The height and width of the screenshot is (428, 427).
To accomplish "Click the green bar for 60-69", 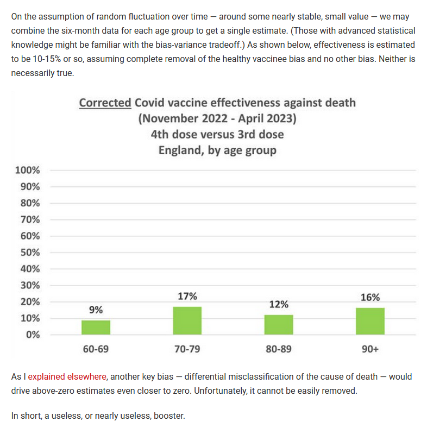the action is pyautogui.click(x=96, y=328).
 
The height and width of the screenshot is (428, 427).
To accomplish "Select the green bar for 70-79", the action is pyautogui.click(x=187, y=320).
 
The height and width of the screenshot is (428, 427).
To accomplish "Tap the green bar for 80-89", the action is pyautogui.click(x=279, y=325).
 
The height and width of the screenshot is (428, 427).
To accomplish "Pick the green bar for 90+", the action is pyautogui.click(x=370, y=322).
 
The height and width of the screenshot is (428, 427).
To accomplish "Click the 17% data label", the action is pyautogui.click(x=187, y=296).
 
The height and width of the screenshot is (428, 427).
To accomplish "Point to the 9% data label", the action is pyautogui.click(x=96, y=310).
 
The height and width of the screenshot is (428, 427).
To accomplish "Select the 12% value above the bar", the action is pyautogui.click(x=279, y=304).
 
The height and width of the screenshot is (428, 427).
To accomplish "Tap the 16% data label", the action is pyautogui.click(x=370, y=297).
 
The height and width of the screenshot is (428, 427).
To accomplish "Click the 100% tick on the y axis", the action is pyautogui.click(x=27, y=170).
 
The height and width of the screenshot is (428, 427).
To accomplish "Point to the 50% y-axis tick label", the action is pyautogui.click(x=30, y=253).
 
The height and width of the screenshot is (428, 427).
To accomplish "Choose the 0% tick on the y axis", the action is pyautogui.click(x=33, y=335).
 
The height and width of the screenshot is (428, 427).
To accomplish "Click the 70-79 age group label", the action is pyautogui.click(x=187, y=349).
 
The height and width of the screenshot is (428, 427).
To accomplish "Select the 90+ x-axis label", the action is pyautogui.click(x=370, y=349).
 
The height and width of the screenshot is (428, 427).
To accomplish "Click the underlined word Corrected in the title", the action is pyautogui.click(x=105, y=103).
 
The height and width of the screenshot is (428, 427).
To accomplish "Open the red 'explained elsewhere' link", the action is pyautogui.click(x=67, y=377).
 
